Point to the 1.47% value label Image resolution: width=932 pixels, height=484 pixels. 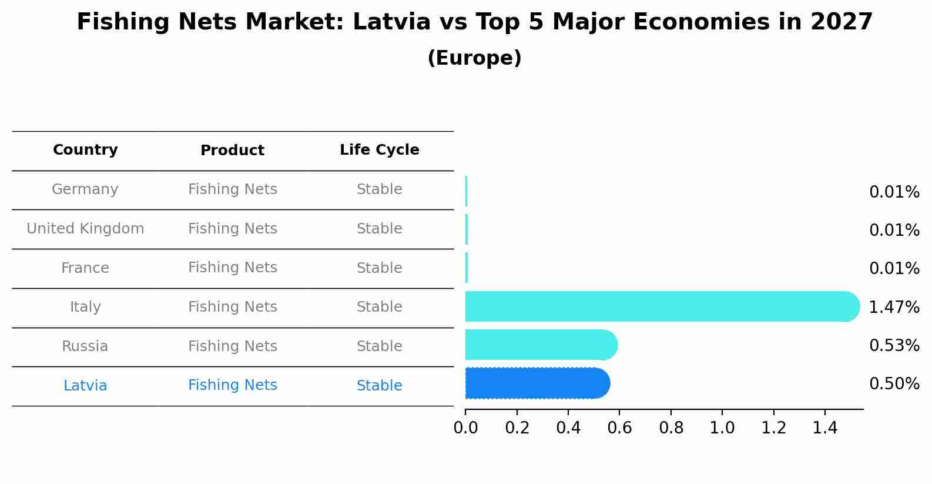tap(894, 307)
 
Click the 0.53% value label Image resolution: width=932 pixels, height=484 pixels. tap(894, 346)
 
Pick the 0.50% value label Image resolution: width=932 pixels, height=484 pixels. tap(894, 384)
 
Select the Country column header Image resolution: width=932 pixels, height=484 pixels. tap(85, 150)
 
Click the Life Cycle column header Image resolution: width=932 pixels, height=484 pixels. tap(379, 150)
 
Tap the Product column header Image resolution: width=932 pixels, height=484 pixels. tap(232, 151)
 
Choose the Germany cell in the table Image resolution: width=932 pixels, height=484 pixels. tap(85, 189)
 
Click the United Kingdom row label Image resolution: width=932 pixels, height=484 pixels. tap(85, 229)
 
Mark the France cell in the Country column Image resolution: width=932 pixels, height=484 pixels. tap(85, 268)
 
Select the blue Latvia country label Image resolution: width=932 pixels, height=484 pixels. tap(85, 386)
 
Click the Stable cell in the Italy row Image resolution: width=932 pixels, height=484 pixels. tap(379, 307)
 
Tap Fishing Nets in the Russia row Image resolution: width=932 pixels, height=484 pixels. tap(232, 346)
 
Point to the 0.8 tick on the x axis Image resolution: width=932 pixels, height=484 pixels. tap(670, 428)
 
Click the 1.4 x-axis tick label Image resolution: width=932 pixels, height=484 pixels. tap(824, 428)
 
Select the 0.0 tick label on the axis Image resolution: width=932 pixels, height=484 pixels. tap(465, 428)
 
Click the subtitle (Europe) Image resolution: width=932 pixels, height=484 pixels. tap(474, 58)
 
